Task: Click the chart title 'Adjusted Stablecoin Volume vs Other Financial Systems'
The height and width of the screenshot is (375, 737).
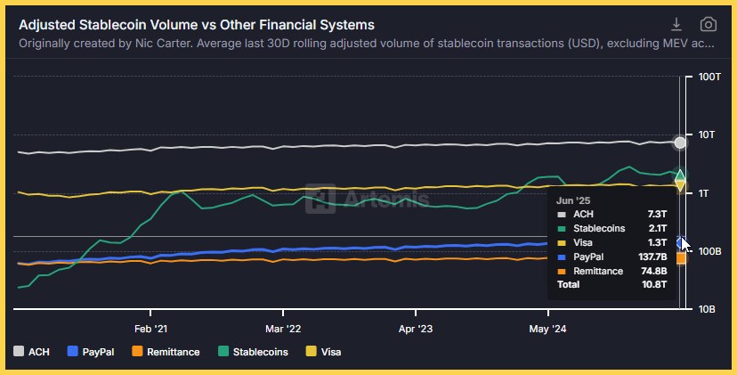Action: coord(197,25)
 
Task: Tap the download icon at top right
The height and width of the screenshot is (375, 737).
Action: coord(676,24)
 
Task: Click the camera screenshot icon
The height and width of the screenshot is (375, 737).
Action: coord(708,24)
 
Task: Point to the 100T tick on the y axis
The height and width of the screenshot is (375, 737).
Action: coord(709,77)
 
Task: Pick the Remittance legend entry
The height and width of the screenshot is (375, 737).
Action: coord(165,352)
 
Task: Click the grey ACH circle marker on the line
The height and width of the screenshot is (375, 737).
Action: coord(681,143)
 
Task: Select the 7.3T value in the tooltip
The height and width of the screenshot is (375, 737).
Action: coord(656,215)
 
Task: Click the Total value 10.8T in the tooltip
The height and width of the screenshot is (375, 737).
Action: coord(653,284)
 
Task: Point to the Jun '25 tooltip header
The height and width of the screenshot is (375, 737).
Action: coord(574,200)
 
